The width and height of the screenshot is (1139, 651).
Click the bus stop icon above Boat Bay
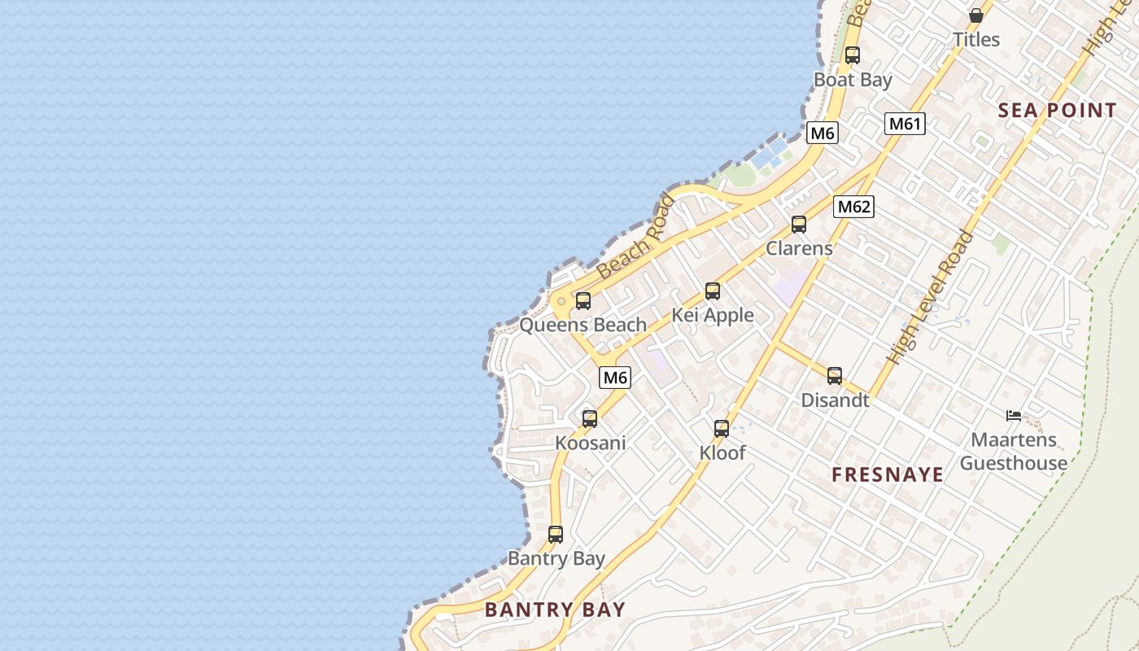coord(852,55)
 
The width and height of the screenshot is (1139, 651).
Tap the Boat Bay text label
coord(853,80)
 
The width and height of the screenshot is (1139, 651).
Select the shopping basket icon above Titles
coord(975,15)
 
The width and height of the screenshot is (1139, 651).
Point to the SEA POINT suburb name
coord(1057,111)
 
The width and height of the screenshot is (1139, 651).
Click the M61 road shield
coord(905,124)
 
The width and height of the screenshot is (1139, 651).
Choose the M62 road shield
coord(853,207)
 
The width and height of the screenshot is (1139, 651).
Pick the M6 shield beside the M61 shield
coord(823,133)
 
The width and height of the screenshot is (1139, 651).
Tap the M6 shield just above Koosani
coord(615,378)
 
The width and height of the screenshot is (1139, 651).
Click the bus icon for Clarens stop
coord(799,225)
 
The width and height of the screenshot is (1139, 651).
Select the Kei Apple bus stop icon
coord(713,291)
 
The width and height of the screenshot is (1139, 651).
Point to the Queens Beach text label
coord(583,325)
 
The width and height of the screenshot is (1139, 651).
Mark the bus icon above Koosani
coord(590,419)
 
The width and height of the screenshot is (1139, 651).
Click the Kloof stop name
coord(722,452)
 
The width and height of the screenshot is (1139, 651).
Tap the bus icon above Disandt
coord(835,376)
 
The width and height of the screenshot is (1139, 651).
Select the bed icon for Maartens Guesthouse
coord(1013,416)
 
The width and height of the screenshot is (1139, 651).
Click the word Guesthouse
coord(1014,463)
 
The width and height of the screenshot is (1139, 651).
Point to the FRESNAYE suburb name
coord(888,474)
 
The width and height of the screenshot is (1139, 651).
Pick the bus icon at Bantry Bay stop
coord(556,535)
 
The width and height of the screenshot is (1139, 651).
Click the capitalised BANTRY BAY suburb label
coord(555,609)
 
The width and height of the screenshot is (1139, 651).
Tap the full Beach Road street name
coord(636,237)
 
